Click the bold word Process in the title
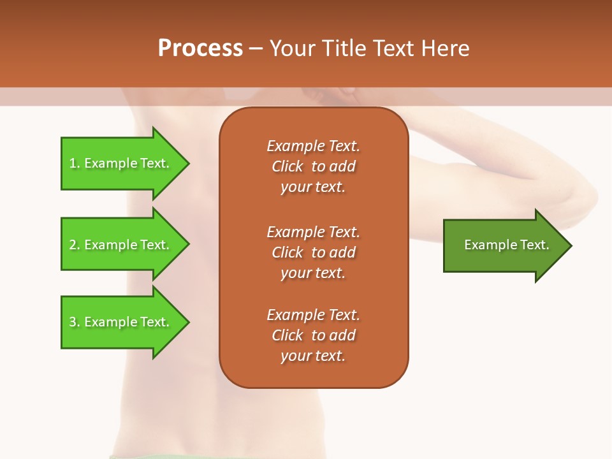[x=200, y=48]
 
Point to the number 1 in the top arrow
[x=73, y=163]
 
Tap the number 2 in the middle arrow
[x=73, y=245]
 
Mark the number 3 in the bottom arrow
[x=73, y=322]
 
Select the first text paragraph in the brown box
[x=313, y=166]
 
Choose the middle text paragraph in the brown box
[x=313, y=252]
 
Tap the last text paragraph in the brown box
[x=313, y=335]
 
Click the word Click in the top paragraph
[x=288, y=166]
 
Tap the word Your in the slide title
[x=293, y=48]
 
